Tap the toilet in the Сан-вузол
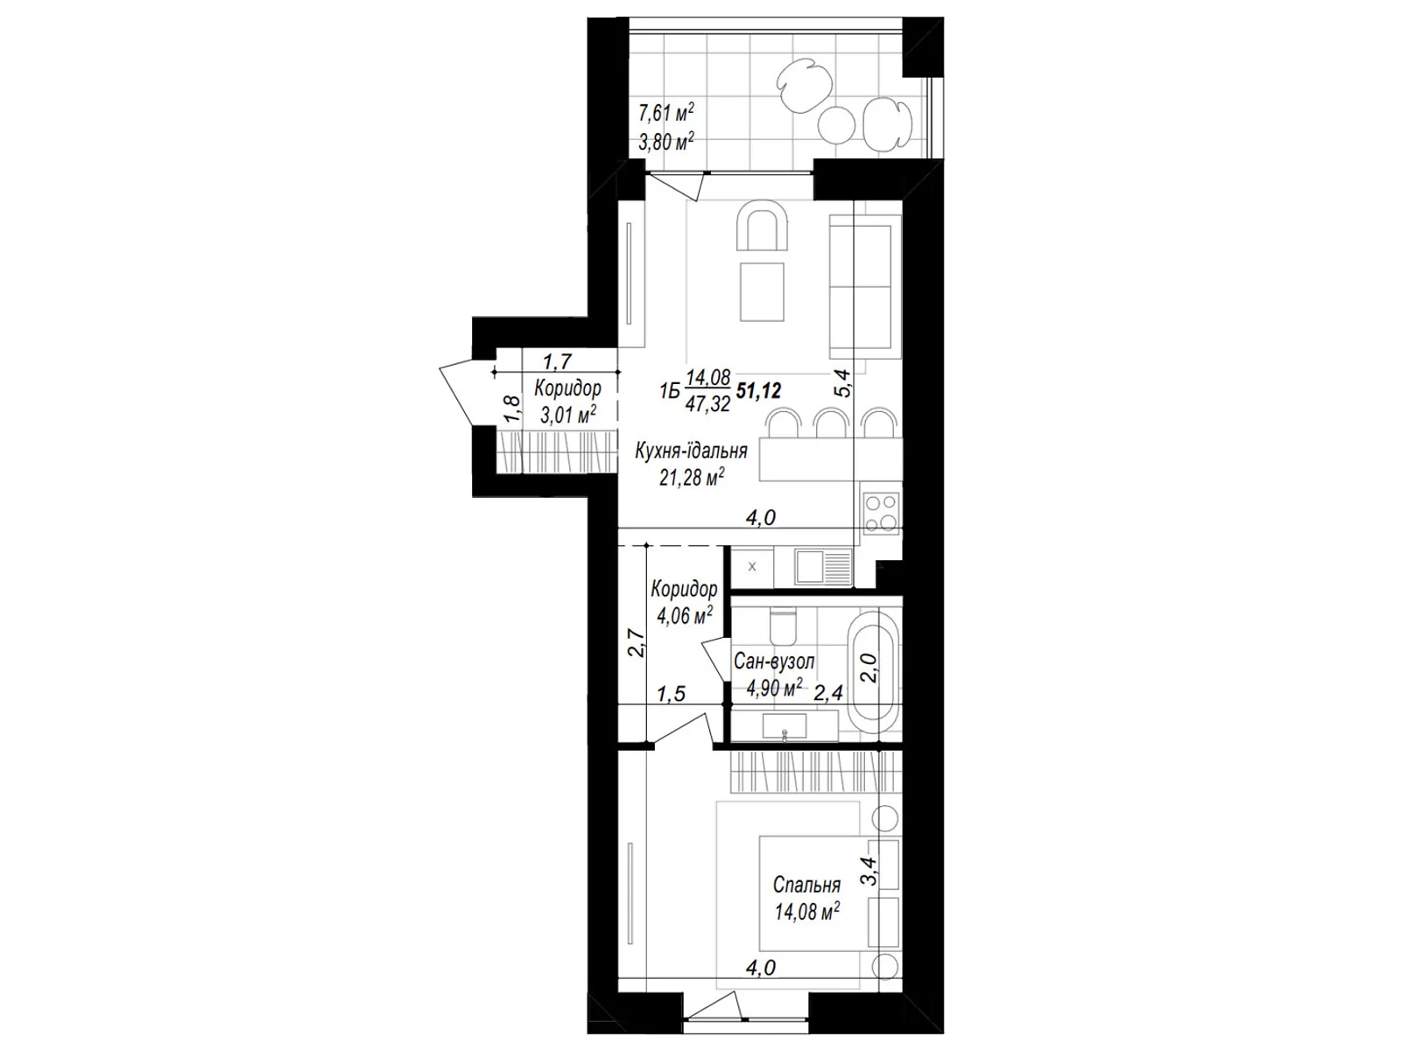tap(783, 626)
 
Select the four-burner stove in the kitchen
tap(880, 514)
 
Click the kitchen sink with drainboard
tap(823, 567)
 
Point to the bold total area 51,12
tap(758, 391)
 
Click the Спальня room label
tap(806, 885)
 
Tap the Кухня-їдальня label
tap(691, 451)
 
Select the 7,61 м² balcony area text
tap(665, 113)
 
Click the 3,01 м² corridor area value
tap(568, 415)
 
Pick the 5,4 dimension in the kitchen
tap(843, 383)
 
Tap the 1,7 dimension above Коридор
tap(557, 362)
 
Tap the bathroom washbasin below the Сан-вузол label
tap(785, 727)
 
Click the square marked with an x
tap(752, 567)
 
